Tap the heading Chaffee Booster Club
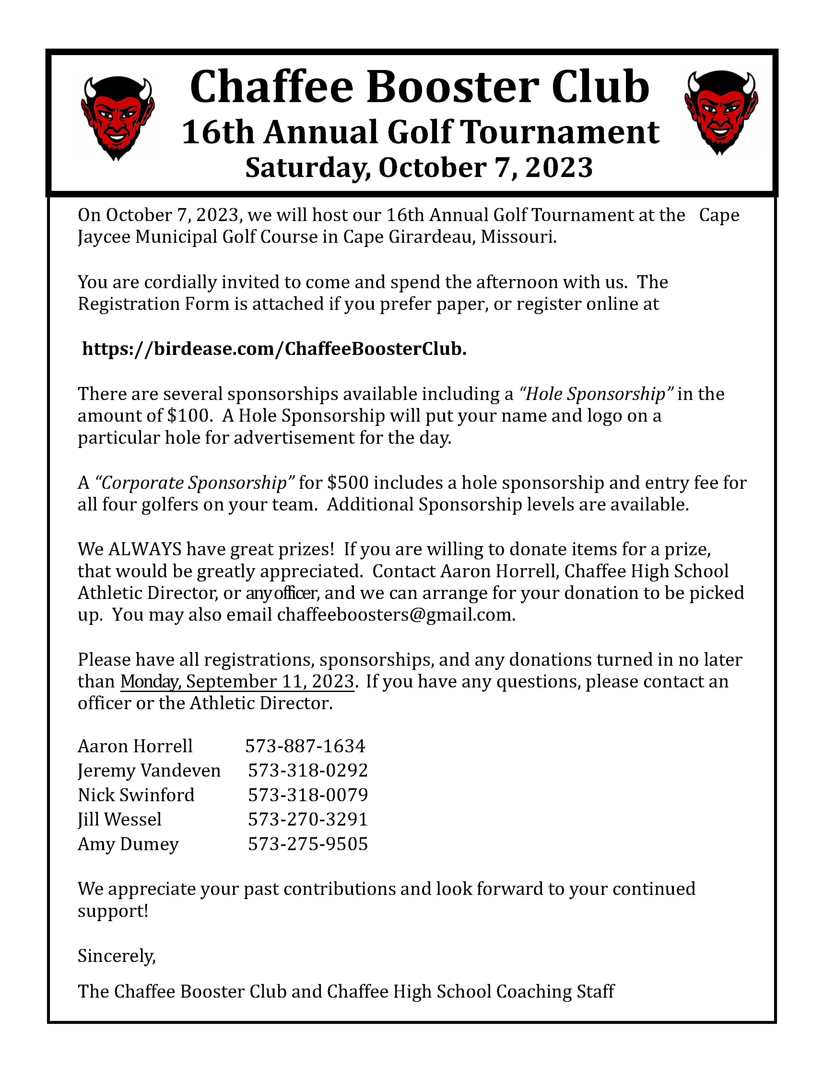point(419,87)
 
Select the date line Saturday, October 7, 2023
point(419,168)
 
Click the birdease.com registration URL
point(274,348)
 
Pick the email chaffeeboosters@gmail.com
point(395,615)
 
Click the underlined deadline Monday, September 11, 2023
point(237,681)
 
